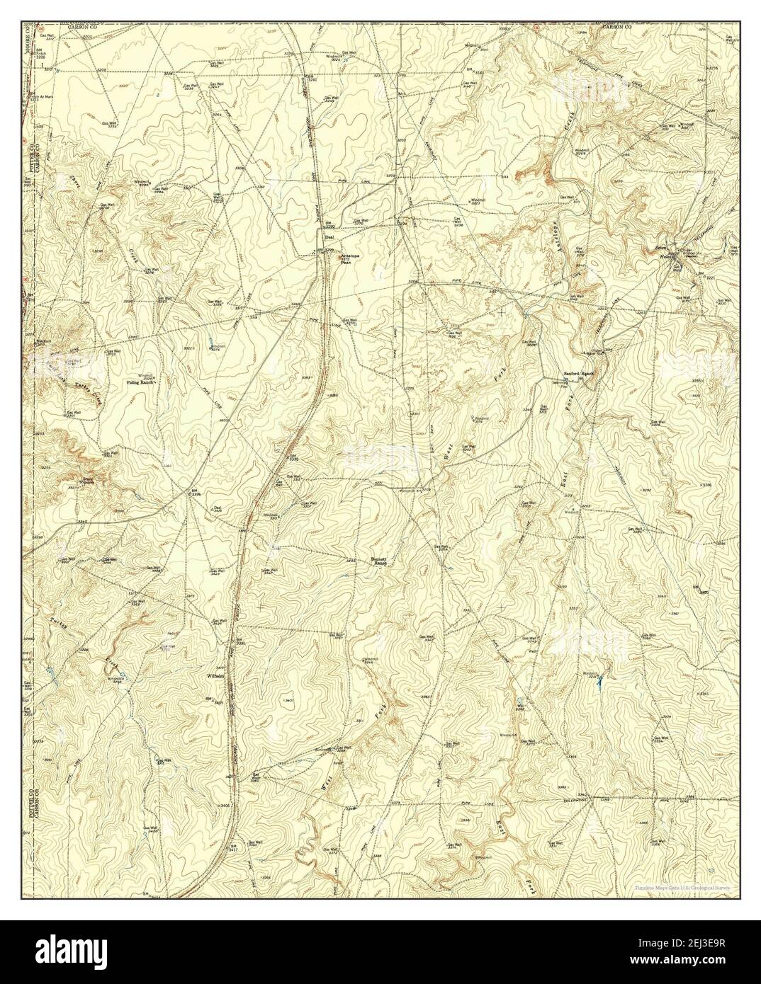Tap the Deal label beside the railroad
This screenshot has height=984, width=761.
(328, 238)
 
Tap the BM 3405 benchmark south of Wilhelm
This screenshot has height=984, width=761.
(210, 702)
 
